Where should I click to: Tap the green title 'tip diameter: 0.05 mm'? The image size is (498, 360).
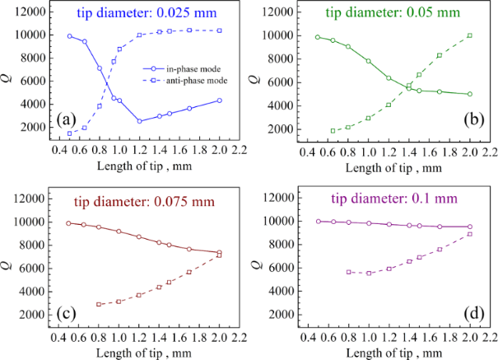point(398,14)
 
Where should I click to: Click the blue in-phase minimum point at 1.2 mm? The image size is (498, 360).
point(140,121)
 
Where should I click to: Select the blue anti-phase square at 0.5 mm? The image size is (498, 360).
point(69,133)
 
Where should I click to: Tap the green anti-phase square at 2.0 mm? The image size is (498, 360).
point(469,35)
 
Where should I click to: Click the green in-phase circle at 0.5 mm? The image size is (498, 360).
point(317,37)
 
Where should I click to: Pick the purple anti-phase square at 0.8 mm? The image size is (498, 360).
point(348,272)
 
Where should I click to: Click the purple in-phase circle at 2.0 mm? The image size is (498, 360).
point(469,227)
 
